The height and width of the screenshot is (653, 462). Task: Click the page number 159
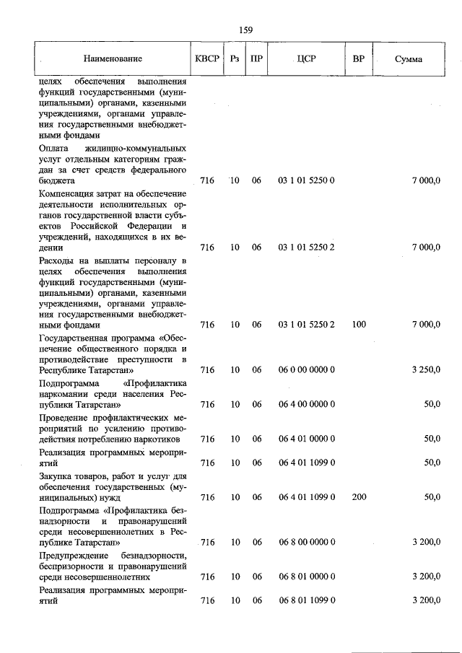pyautogui.click(x=245, y=30)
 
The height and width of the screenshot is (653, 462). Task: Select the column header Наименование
pyautogui.click(x=112, y=58)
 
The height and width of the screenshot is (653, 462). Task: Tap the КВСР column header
pyautogui.click(x=207, y=58)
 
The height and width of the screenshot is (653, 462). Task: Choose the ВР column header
pyautogui.click(x=358, y=58)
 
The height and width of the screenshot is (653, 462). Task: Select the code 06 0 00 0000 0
pyautogui.click(x=306, y=370)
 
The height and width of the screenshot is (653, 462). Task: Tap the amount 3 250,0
pyautogui.click(x=426, y=370)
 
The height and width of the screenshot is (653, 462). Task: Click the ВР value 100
pyautogui.click(x=359, y=325)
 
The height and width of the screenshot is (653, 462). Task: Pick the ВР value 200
pyautogui.click(x=359, y=497)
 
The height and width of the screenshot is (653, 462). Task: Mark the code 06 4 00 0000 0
pyautogui.click(x=306, y=405)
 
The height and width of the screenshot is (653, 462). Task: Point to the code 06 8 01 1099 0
pyautogui.click(x=306, y=601)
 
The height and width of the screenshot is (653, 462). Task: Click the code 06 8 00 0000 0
pyautogui.click(x=306, y=542)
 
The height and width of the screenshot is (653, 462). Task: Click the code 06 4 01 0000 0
pyautogui.click(x=306, y=439)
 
